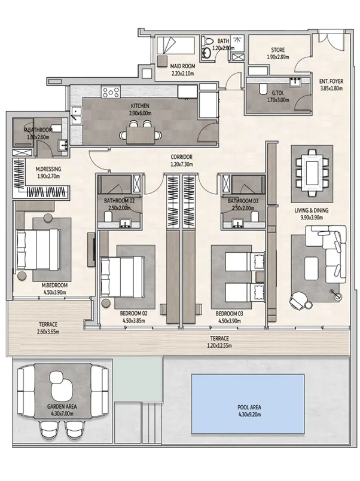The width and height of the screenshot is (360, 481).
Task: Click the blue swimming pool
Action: coord(248,404)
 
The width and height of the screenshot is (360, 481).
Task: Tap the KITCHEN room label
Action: coord(140,106)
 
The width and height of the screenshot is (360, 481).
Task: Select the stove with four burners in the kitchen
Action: coord(111,93)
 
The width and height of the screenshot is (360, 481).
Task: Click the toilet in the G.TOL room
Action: coord(263,89)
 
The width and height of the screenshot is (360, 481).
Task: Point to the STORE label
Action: coord(277,50)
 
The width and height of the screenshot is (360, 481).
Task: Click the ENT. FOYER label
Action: coord(331,81)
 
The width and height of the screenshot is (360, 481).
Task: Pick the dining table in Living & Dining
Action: coord(312,173)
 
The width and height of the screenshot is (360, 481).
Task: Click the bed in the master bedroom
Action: coord(38,249)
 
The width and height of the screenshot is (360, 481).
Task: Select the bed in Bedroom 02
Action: coord(123,277)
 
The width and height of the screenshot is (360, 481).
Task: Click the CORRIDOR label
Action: coord(182,157)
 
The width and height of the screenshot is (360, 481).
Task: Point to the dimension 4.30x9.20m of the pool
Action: coord(249,415)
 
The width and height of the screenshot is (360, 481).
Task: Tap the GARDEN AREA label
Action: coord(62,406)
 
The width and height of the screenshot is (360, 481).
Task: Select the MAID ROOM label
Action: coord(182,66)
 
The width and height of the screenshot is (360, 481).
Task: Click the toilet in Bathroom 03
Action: coord(254,216)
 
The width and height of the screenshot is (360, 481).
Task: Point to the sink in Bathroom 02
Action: coord(125,223)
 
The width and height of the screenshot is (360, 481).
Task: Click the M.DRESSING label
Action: coord(48,169)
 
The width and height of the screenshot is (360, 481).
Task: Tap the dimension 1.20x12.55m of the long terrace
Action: coord(219,346)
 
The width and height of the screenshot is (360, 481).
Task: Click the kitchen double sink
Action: coord(75,115)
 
